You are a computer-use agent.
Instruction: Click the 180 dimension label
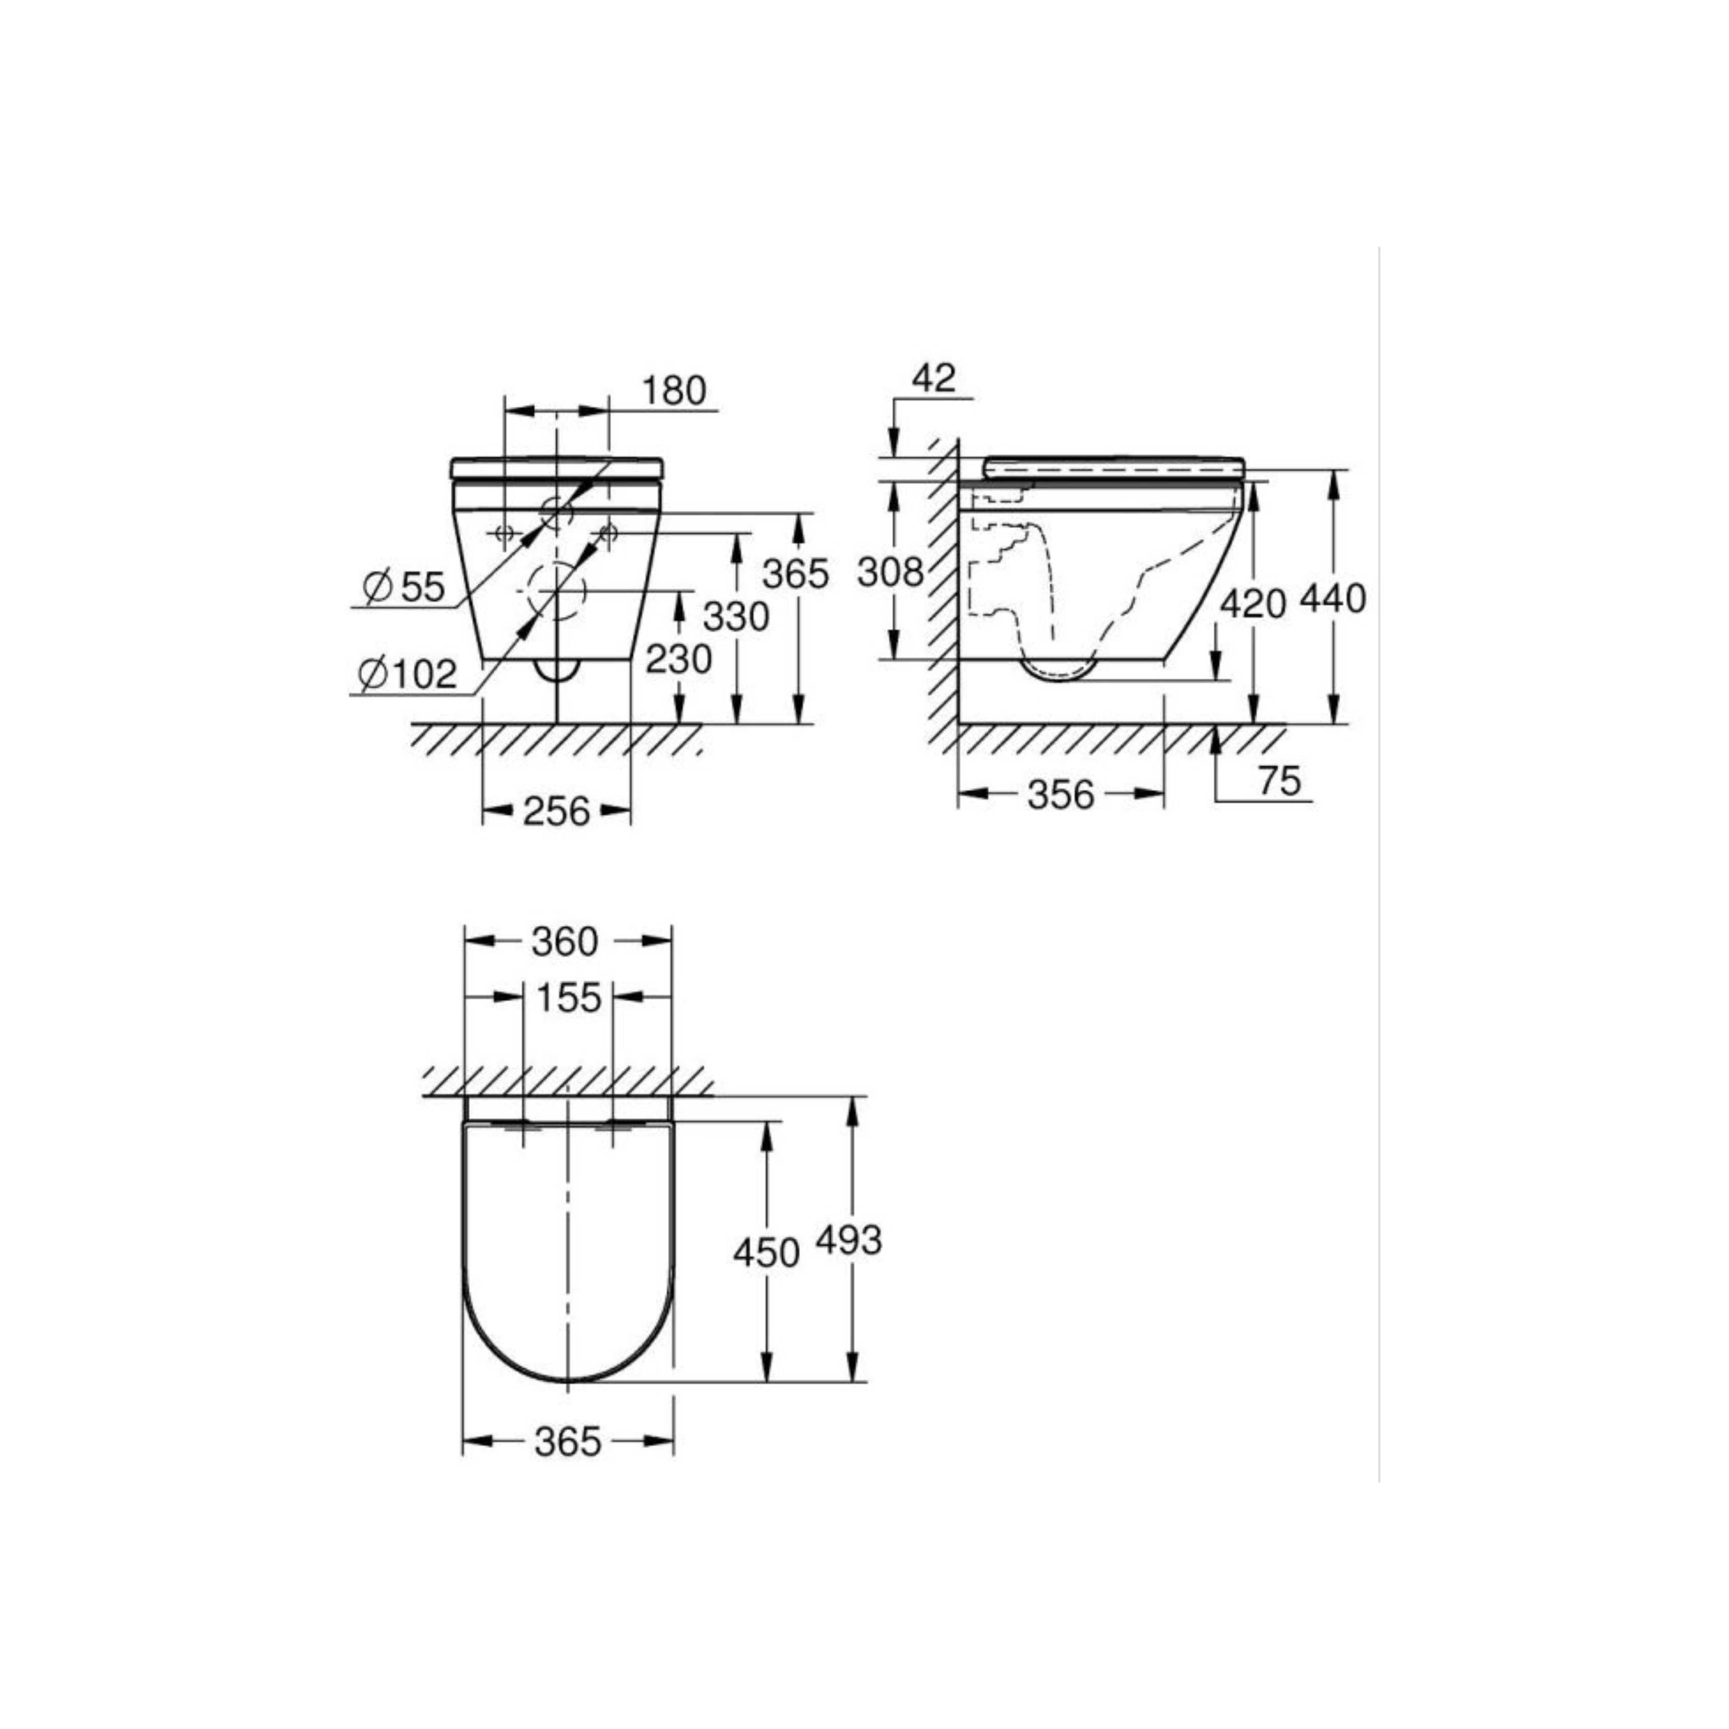[674, 391]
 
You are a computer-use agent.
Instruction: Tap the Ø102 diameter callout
[407, 673]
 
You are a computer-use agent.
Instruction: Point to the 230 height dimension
[678, 659]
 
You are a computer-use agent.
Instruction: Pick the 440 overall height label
[1332, 599]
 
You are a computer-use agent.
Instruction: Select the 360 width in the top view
[565, 942]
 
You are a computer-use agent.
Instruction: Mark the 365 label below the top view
[568, 1442]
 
